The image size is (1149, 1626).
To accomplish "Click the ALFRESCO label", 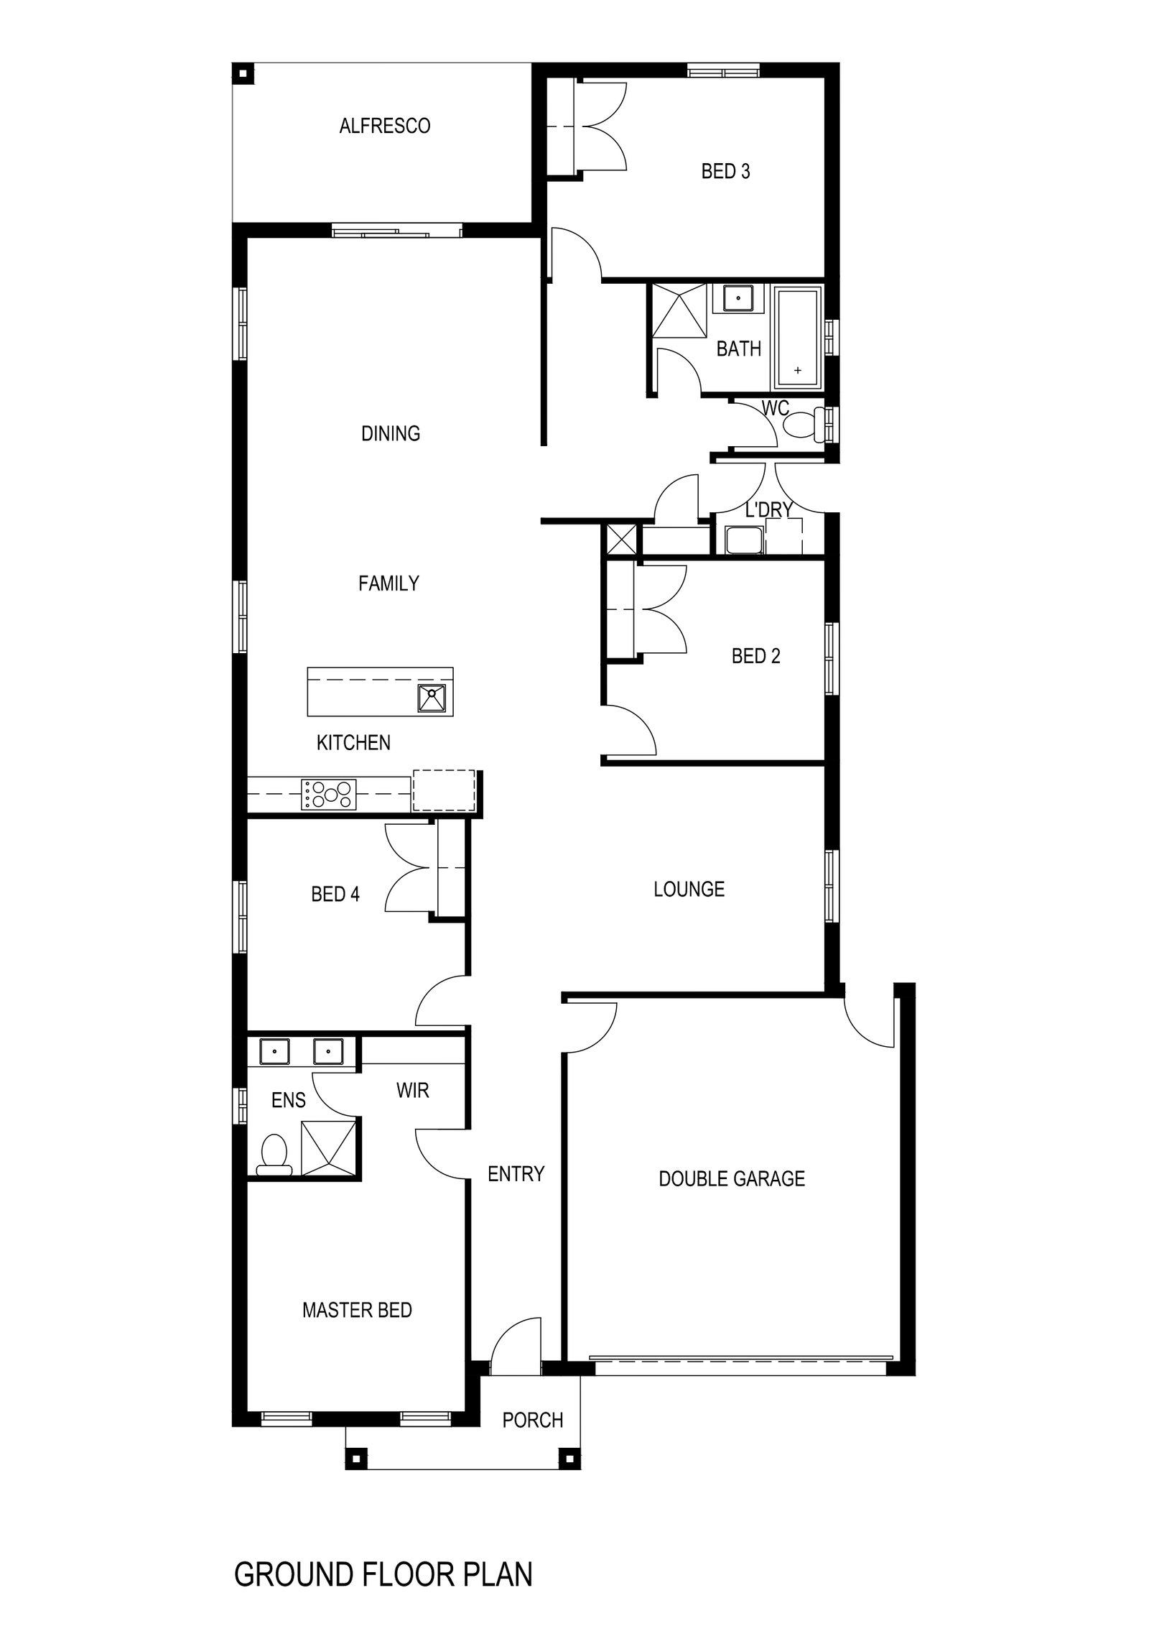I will tap(384, 126).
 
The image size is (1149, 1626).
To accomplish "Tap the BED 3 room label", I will tap(725, 172).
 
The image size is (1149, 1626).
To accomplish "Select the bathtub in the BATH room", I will tap(797, 336).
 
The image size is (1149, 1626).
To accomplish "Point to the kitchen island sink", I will tap(432, 698).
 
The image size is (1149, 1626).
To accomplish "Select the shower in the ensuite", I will tap(328, 1147).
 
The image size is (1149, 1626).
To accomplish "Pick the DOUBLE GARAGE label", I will tap(731, 1179).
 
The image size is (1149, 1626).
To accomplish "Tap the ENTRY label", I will tap(516, 1174).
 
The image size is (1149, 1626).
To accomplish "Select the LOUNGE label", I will tap(689, 890).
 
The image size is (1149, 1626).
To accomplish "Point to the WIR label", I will tap(412, 1091).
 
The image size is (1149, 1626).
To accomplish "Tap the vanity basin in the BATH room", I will tap(738, 298).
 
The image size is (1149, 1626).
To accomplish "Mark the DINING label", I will tap(390, 433).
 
